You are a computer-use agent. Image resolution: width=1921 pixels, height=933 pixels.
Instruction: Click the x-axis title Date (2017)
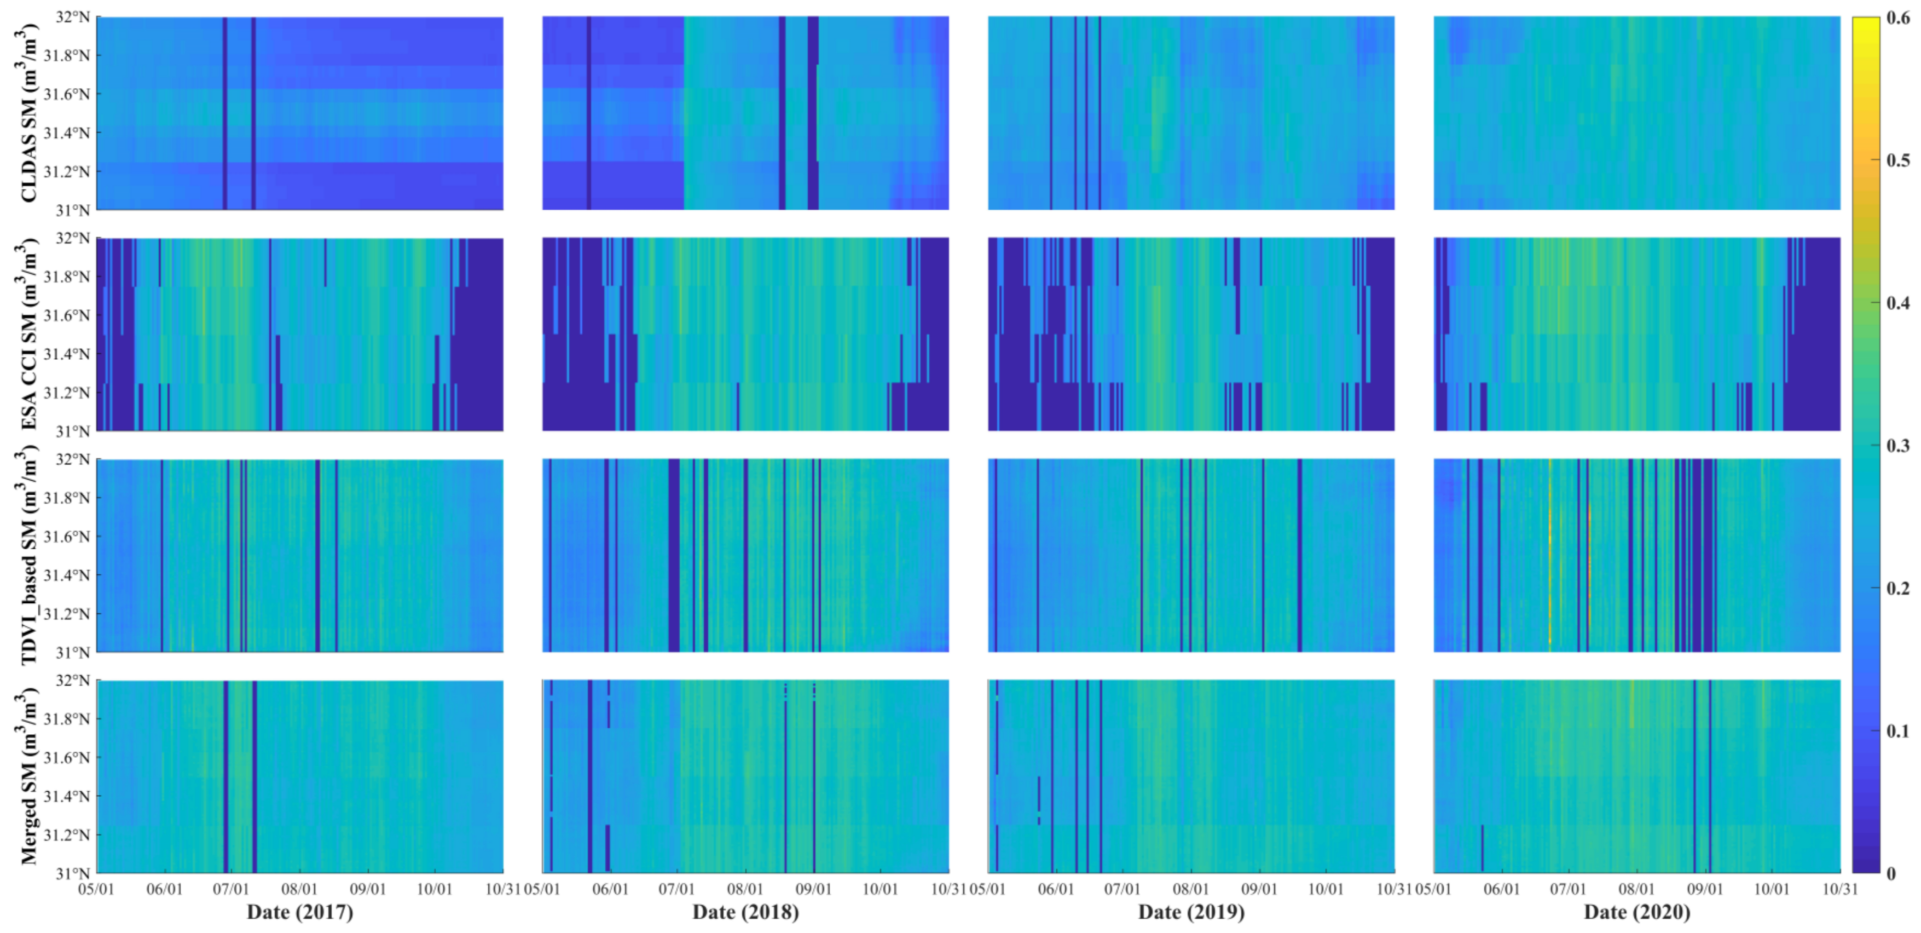point(300,911)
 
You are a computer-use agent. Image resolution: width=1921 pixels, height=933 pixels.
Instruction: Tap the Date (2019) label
point(1191,911)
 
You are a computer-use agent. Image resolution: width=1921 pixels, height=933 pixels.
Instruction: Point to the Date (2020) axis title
point(1637,911)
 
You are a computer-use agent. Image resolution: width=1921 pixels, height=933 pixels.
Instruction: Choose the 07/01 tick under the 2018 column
point(677,889)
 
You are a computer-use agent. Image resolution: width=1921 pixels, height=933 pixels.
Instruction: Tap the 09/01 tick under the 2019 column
point(1259,889)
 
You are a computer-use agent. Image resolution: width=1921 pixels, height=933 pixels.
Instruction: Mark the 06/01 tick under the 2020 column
point(1501,889)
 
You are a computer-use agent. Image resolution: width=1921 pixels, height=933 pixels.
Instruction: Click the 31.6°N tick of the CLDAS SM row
point(67,94)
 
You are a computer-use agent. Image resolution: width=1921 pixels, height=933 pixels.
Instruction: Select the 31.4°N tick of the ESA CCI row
point(67,354)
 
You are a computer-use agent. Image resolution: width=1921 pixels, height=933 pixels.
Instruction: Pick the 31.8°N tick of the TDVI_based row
point(67,498)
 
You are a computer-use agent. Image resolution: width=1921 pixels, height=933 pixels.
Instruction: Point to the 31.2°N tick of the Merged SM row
point(67,834)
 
